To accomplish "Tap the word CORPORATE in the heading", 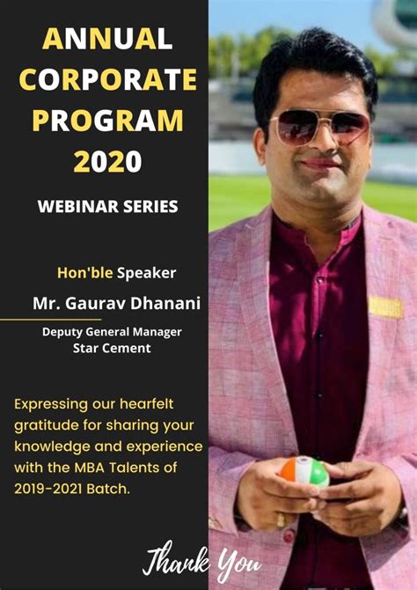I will point(107,79).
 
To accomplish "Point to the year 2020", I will point(106,161).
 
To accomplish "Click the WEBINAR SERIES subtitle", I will point(107,207).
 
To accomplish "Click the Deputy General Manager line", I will point(112,332).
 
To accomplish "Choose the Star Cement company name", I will point(112,348).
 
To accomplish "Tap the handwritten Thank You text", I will point(201,561).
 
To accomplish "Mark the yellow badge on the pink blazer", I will point(385,306).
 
